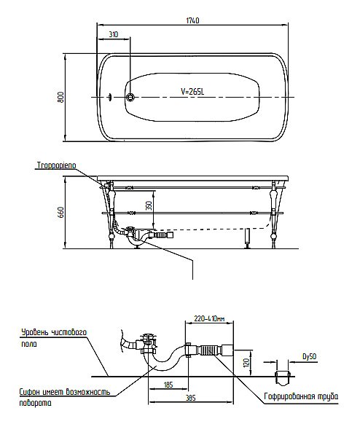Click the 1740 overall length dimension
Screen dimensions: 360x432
[192, 20]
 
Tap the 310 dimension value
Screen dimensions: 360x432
[113, 34]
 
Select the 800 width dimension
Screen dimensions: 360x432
[60, 98]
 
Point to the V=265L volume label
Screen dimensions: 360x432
[192, 92]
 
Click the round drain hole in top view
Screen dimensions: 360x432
[130, 97]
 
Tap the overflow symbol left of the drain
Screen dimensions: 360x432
[110, 97]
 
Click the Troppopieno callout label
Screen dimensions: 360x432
[57, 165]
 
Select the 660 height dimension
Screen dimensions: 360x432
[61, 212]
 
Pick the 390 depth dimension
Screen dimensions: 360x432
[149, 205]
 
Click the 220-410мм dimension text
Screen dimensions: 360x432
[209, 319]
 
